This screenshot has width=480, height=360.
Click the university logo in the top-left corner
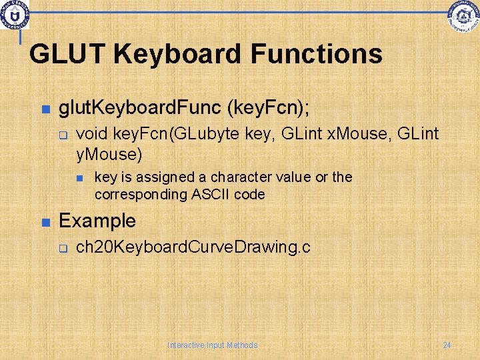click(x=15, y=14)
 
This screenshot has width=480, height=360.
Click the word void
click(x=93, y=135)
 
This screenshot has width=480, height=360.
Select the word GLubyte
click(x=206, y=135)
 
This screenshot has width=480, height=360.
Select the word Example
click(x=97, y=221)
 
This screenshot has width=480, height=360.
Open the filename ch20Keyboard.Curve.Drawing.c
click(x=193, y=247)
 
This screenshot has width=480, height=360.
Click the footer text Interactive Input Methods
click(x=213, y=345)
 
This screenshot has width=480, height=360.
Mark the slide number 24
click(x=447, y=345)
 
